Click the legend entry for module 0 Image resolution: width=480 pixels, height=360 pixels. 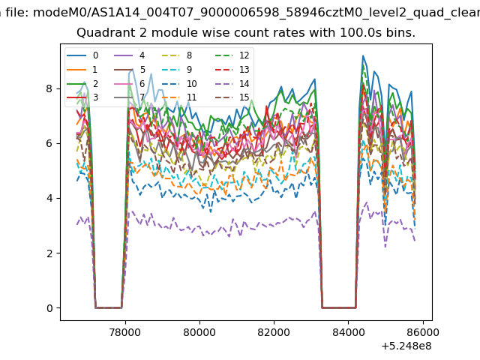point(82,55)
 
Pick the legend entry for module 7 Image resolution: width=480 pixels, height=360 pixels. point(130,97)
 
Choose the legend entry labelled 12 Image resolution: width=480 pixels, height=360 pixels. point(232,55)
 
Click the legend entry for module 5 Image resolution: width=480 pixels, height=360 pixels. point(130,70)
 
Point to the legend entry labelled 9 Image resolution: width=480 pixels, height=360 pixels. point(177,70)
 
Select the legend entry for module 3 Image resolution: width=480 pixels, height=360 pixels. point(82,97)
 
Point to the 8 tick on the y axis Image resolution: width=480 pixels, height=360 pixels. point(49,88)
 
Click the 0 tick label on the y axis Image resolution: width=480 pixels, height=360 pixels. point(49,308)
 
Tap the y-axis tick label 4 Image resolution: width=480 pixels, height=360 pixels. point(49,198)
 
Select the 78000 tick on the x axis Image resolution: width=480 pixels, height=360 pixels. point(125,332)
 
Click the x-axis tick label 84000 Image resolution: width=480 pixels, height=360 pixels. point(349,332)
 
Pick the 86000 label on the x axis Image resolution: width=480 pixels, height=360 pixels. point(423,332)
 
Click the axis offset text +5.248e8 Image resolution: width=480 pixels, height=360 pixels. point(406,346)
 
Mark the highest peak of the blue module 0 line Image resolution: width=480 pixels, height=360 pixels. point(363,55)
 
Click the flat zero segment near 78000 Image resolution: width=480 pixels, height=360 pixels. point(109,307)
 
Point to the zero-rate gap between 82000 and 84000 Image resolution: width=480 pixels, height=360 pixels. point(339,307)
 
